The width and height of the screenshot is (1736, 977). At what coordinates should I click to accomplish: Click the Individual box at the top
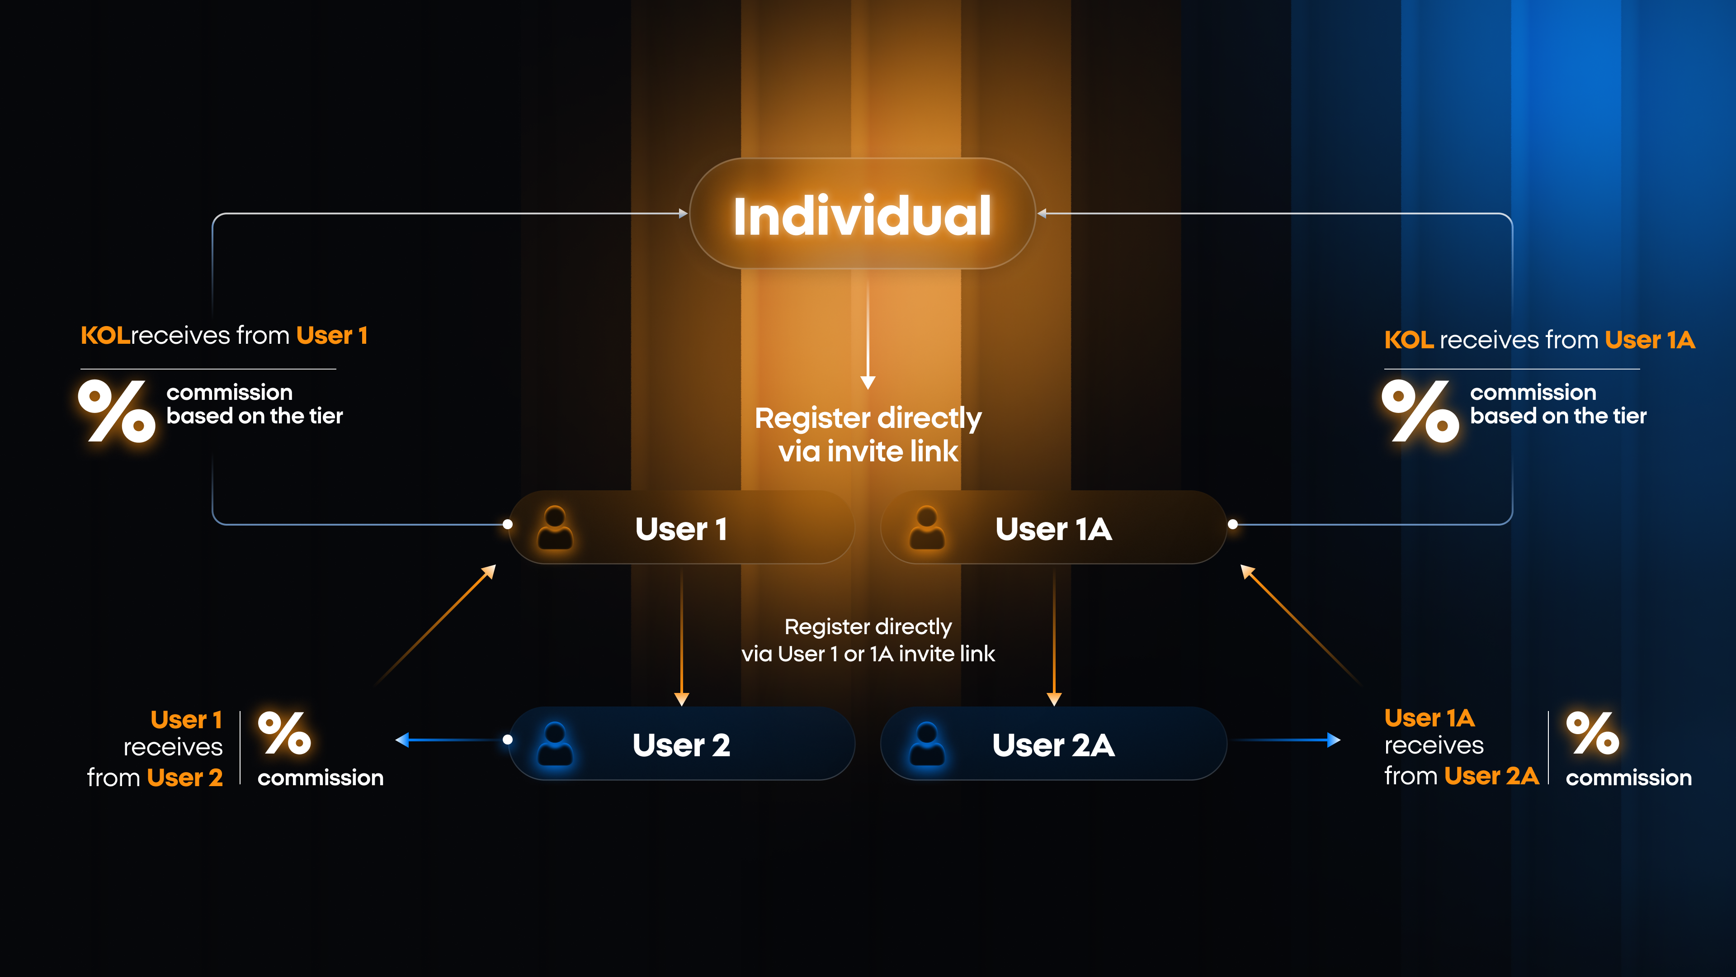point(862,214)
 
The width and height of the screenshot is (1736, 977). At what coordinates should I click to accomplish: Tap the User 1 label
point(681,529)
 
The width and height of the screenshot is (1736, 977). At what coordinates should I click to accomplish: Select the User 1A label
point(1053,529)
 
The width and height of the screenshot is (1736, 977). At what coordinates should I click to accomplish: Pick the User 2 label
point(681,745)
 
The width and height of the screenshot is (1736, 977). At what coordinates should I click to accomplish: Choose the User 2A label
point(1053,745)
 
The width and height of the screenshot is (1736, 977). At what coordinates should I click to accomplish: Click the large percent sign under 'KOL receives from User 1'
point(117,411)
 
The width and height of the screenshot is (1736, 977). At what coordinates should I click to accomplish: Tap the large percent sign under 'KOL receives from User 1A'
point(1420,411)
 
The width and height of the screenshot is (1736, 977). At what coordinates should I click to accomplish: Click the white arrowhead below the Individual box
point(868,382)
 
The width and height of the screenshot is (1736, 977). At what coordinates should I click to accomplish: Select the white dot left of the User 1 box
point(507,524)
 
